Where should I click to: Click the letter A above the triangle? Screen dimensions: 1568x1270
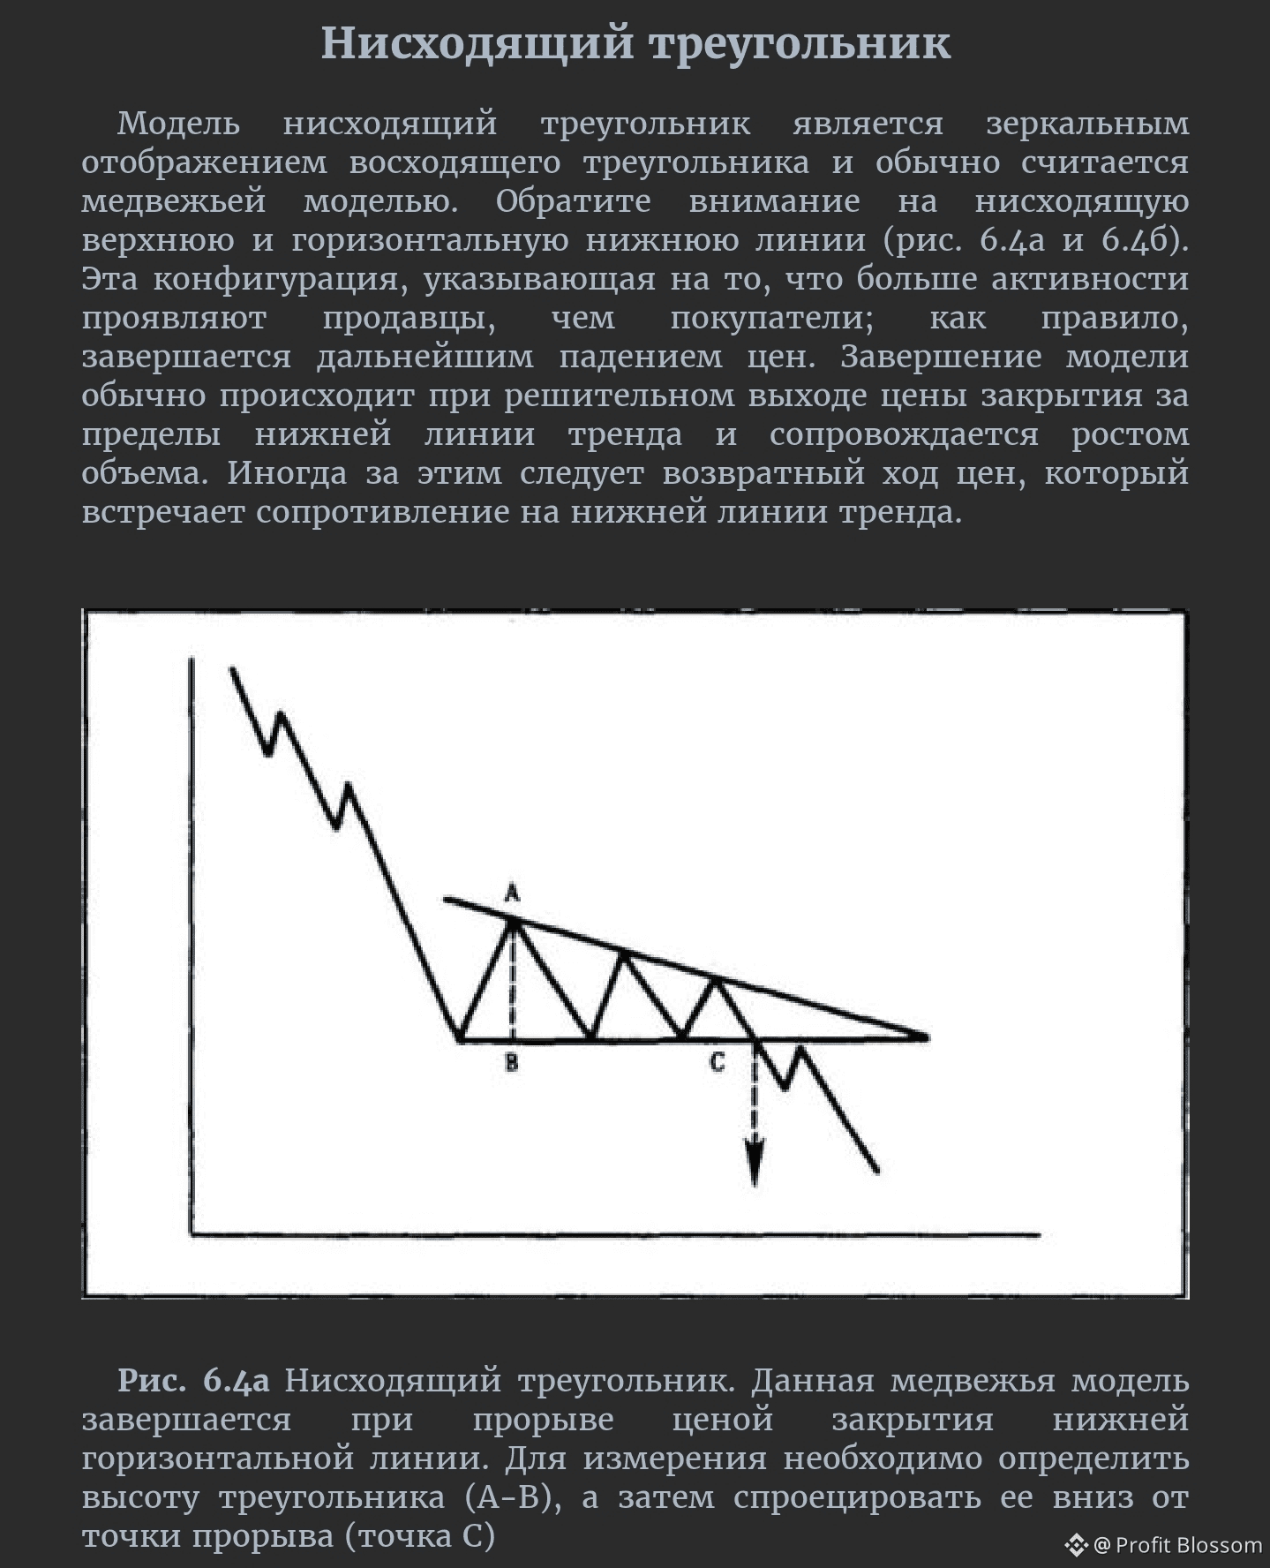click(512, 893)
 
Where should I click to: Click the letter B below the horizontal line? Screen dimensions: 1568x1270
click(512, 1063)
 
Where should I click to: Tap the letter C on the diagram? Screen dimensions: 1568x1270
click(717, 1062)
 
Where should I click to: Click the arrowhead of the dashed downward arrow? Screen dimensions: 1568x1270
click(754, 1164)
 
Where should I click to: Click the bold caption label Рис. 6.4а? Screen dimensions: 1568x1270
click(193, 1380)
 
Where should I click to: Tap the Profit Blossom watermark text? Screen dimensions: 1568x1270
click(1188, 1545)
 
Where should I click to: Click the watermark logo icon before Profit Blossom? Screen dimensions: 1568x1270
click(1076, 1545)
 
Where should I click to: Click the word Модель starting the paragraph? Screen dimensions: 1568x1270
click(178, 123)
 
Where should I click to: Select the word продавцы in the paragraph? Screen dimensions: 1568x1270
click(409, 317)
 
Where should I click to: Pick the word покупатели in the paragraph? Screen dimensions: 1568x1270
click(771, 317)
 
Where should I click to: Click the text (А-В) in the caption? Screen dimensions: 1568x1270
click(513, 1496)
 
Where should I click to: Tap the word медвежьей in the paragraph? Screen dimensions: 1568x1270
click(174, 200)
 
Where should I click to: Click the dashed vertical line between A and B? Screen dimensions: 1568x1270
click(513, 980)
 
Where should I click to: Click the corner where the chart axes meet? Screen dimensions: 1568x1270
click(192, 1234)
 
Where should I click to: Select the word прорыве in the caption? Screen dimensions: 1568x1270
click(543, 1419)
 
